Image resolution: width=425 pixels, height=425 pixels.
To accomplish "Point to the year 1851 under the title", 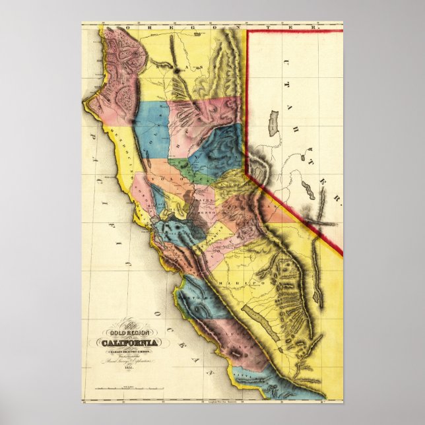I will coord(119,367).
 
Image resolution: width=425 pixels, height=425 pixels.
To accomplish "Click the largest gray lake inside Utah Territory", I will coord(273,123).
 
